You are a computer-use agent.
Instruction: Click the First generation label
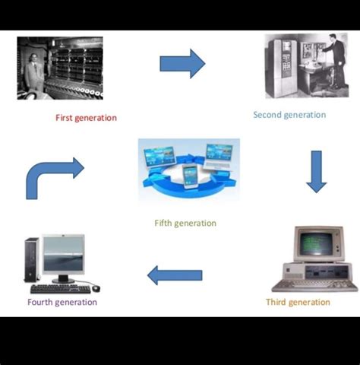[86, 118]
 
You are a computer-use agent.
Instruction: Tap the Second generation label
[289, 115]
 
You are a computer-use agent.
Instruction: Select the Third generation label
[298, 302]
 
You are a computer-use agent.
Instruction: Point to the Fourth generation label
[62, 302]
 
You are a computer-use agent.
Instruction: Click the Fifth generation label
[185, 223]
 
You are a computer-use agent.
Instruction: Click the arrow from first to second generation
[182, 64]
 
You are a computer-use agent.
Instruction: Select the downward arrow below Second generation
[316, 171]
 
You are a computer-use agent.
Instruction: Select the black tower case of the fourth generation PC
[32, 260]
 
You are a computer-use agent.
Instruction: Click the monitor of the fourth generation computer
[63, 255]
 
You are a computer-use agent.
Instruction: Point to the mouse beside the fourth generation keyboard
[96, 287]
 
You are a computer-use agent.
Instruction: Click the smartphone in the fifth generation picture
[190, 176]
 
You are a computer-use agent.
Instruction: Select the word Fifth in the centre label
[163, 223]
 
